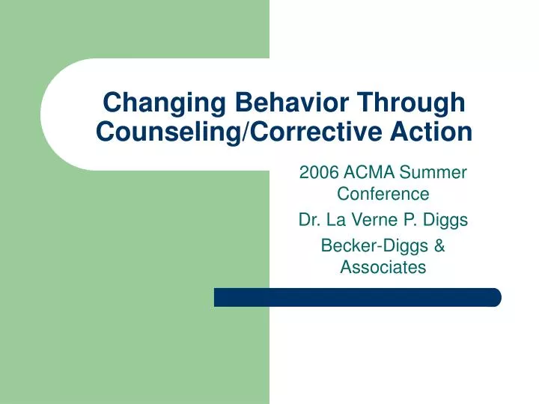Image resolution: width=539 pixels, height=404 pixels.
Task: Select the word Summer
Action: click(x=433, y=174)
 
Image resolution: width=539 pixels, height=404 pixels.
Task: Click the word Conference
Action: click(x=383, y=195)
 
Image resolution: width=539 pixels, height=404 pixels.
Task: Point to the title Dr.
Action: click(x=308, y=221)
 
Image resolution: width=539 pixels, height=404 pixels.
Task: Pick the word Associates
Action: click(x=383, y=266)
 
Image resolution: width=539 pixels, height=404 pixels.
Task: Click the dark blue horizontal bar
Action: click(x=357, y=297)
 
